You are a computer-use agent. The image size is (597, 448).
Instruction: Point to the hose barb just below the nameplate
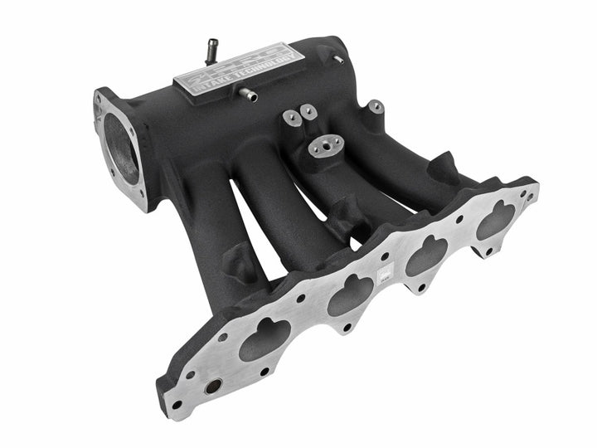(250, 97)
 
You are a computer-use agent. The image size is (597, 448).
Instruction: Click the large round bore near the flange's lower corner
(211, 387)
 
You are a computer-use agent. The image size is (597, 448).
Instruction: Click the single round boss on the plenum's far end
(376, 107)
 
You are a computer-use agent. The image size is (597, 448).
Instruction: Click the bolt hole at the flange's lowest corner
(177, 405)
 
